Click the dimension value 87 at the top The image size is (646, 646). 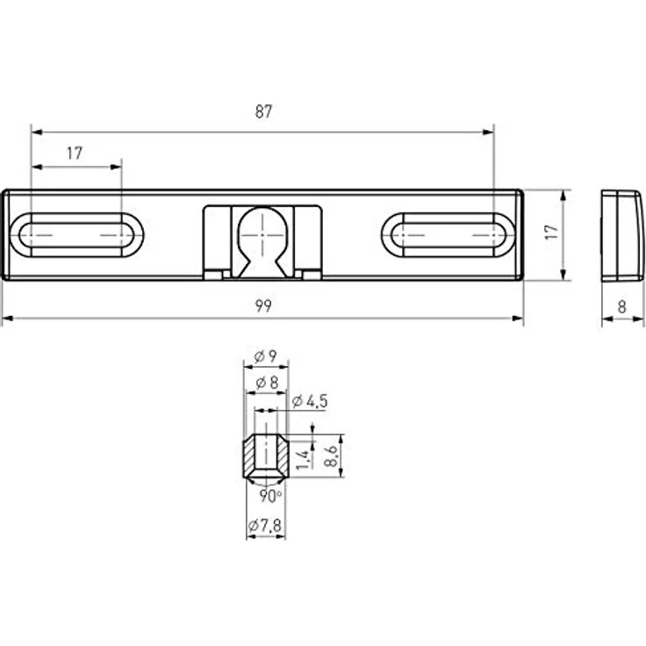pos(263,111)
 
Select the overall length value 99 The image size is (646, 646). pos(263,305)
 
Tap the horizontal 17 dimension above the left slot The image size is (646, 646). pos(74,153)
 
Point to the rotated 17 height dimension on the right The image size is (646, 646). pos(550,233)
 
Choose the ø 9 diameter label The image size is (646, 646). pos(265,356)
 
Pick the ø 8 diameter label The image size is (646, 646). pos(265,383)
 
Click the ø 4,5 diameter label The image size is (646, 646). pos(307,401)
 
